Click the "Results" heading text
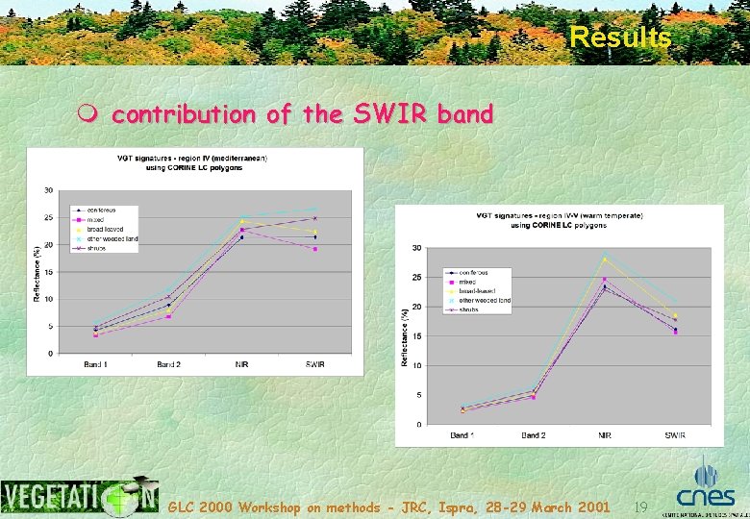620,37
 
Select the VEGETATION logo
80,496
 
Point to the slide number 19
643,506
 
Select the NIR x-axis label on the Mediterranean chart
241,364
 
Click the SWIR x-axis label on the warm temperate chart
675,435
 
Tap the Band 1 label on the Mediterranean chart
94,364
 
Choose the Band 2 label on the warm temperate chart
533,435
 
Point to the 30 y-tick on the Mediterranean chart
48,189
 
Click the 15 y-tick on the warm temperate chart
416,336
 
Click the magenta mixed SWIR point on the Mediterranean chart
314,249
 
